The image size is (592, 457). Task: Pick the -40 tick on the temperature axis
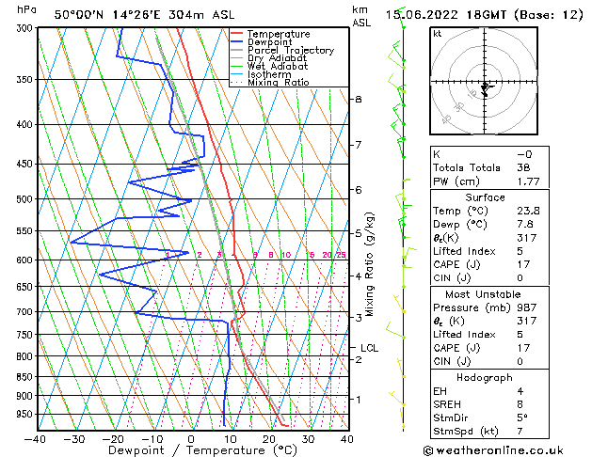tap(36, 438)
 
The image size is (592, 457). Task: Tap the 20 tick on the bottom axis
tap(268, 438)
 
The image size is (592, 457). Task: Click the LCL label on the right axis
tap(369, 348)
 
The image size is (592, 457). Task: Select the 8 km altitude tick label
tap(358, 99)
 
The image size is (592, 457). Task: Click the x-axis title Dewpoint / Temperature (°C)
tap(191, 450)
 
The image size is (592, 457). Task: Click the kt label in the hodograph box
tap(437, 33)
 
